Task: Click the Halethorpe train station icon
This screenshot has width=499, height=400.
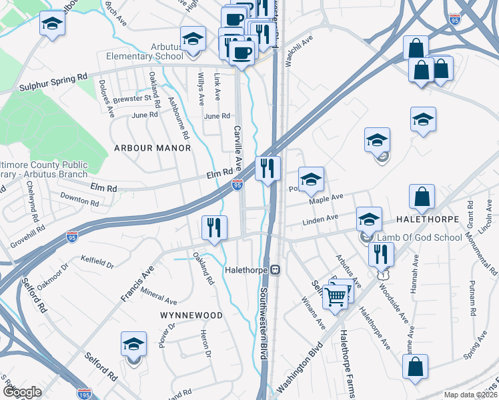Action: pos(274,271)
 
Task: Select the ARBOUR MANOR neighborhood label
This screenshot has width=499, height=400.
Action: pos(152,147)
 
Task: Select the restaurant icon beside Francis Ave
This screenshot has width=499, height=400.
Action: pos(214,229)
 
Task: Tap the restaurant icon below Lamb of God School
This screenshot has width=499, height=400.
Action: pos(381,255)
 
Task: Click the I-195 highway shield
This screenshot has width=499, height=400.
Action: pos(84,394)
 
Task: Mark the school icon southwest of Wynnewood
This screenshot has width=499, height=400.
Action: pos(133,345)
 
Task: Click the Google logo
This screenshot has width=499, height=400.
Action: pos(22,392)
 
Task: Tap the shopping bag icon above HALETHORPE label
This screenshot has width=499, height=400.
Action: pos(422,197)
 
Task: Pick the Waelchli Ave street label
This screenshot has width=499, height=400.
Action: pos(299,51)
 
